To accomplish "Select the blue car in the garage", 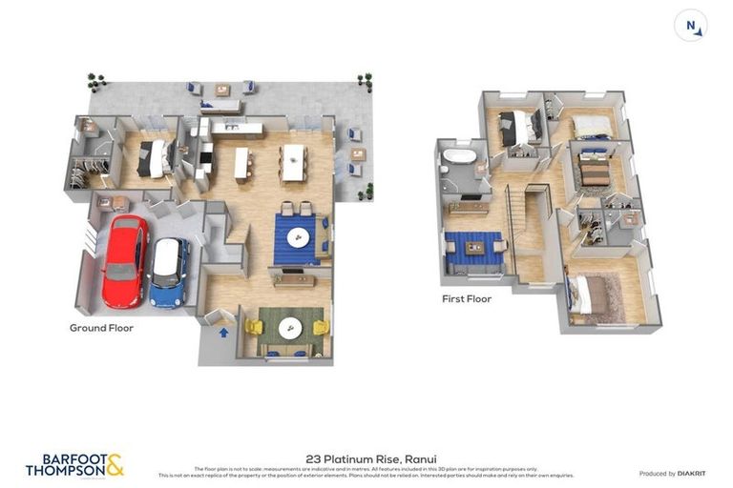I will pos(169,272).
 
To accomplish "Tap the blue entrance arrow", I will pos(223,333).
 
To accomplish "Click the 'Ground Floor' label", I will pos(101,328).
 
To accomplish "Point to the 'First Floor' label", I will pos(466,298).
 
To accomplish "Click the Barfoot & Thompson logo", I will pos(74,465).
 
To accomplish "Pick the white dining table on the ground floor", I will pos(292,161).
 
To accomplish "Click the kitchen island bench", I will pos(242,163).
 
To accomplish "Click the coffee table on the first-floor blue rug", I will pos(474,248).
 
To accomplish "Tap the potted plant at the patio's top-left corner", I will pos(94,80).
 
